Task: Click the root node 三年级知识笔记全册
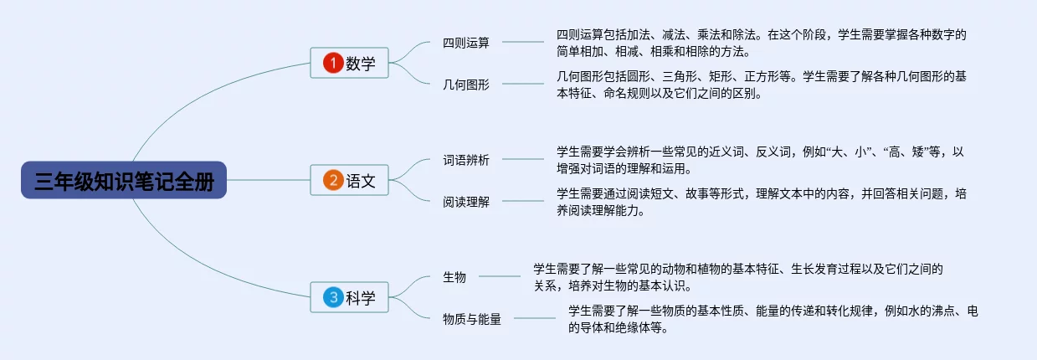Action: [124, 180]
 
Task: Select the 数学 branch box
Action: [350, 63]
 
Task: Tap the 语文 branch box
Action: [350, 180]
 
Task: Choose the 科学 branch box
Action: [350, 297]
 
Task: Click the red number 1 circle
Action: [332, 63]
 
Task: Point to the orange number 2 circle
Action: [332, 180]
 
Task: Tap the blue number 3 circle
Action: [332, 297]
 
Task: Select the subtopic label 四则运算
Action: [466, 43]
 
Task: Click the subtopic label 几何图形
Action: [466, 85]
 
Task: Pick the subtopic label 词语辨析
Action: [466, 160]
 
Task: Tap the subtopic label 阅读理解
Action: [466, 202]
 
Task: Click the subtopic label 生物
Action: [454, 277]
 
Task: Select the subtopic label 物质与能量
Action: [472, 319]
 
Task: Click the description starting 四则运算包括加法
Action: [761, 43]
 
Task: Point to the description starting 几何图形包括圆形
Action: [761, 85]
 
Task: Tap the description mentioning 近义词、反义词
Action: [761, 160]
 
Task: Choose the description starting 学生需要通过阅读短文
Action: [761, 202]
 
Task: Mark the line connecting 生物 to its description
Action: [499, 276]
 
